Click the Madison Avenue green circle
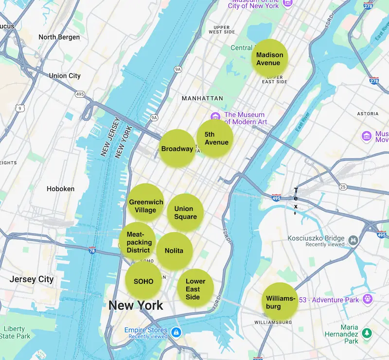pyautogui.click(x=269, y=58)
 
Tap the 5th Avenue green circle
pyautogui.click(x=215, y=138)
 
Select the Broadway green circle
pyautogui.click(x=177, y=149)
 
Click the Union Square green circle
pyautogui.click(x=185, y=212)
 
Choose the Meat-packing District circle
pyautogui.click(x=138, y=241)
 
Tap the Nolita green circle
pyautogui.click(x=174, y=251)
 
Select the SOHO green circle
pyautogui.click(x=143, y=281)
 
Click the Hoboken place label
pyautogui.click(x=60, y=189)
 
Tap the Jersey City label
pyautogui.click(x=32, y=279)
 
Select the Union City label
pyautogui.click(x=65, y=76)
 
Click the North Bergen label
pyautogui.click(x=59, y=37)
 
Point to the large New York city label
pyautogui.click(x=136, y=306)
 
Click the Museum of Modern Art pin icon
pyautogui.click(x=215, y=117)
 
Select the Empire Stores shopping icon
pyautogui.click(x=176, y=333)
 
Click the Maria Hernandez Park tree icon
pyautogui.click(x=367, y=333)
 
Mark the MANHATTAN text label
pyautogui.click(x=202, y=98)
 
